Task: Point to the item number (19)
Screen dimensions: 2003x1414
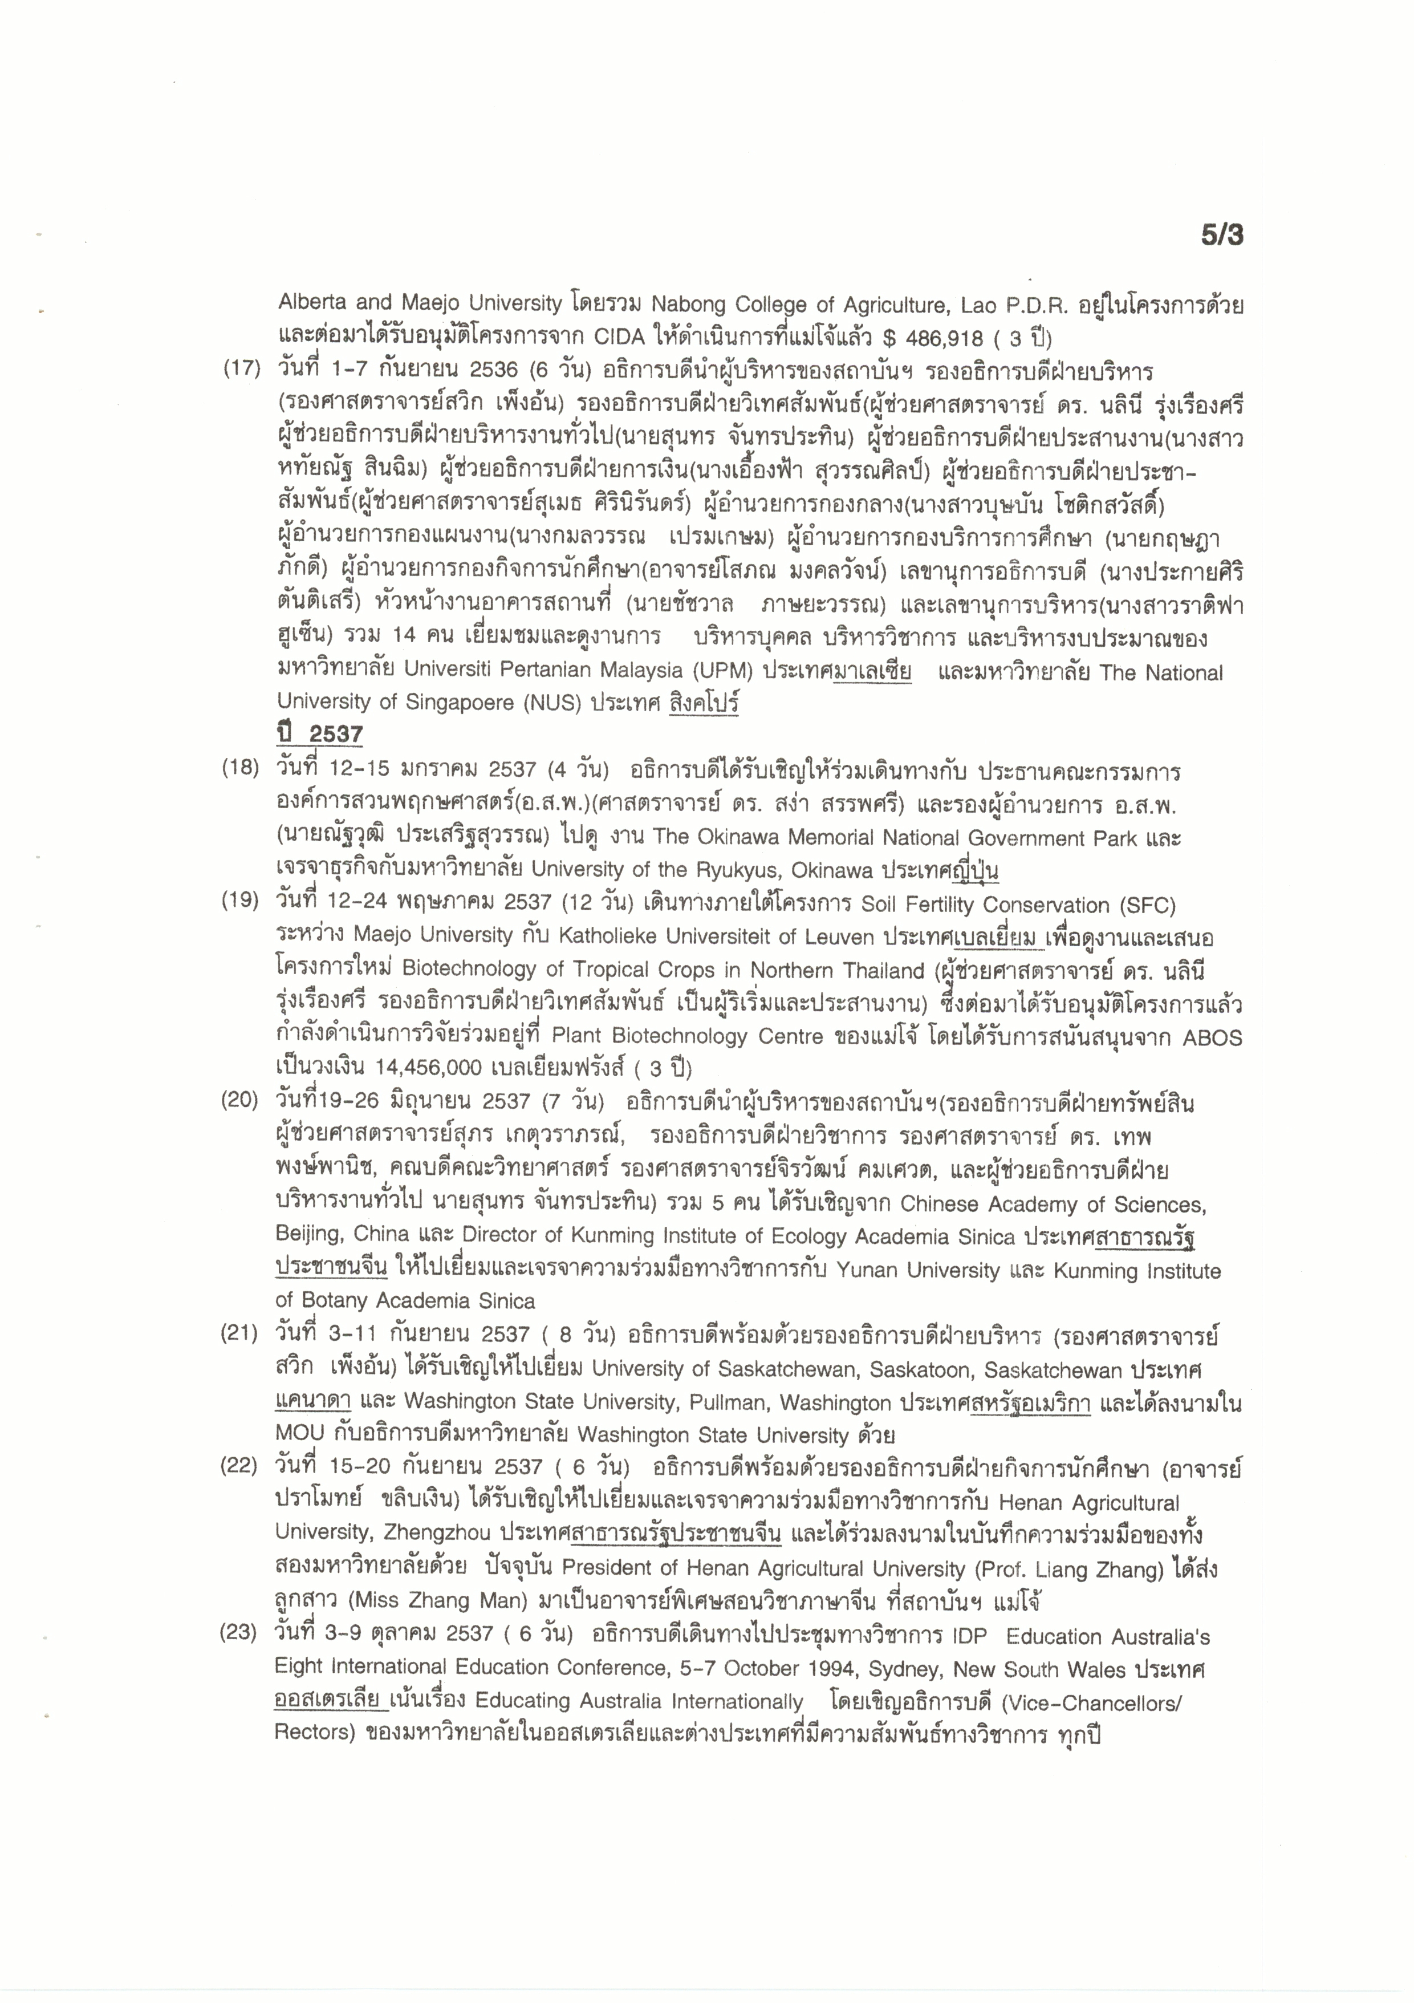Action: pyautogui.click(x=240, y=901)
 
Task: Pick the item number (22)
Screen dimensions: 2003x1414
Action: pyautogui.click(x=238, y=1466)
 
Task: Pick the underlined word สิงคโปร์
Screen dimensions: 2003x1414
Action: pyautogui.click(x=703, y=703)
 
